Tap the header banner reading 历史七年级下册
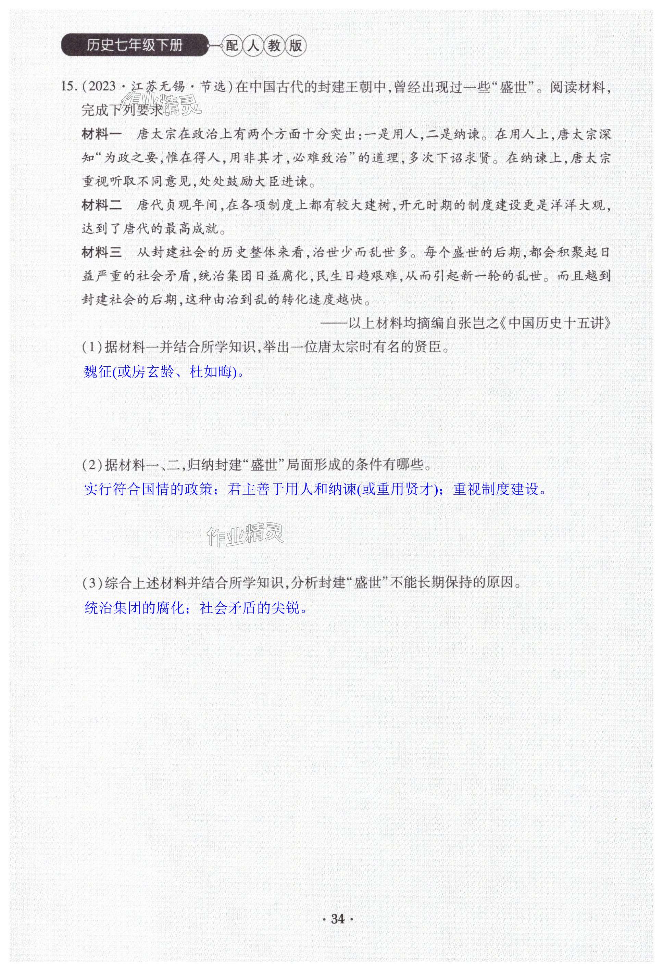coord(135,45)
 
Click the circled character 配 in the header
coord(231,46)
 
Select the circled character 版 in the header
coord(296,46)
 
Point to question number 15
coord(68,87)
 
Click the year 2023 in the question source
coord(102,87)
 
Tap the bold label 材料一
coord(102,135)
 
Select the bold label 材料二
coord(102,205)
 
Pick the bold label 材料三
coord(102,252)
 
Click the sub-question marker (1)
coord(92,347)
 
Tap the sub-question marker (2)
coord(92,465)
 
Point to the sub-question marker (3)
coord(92,582)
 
